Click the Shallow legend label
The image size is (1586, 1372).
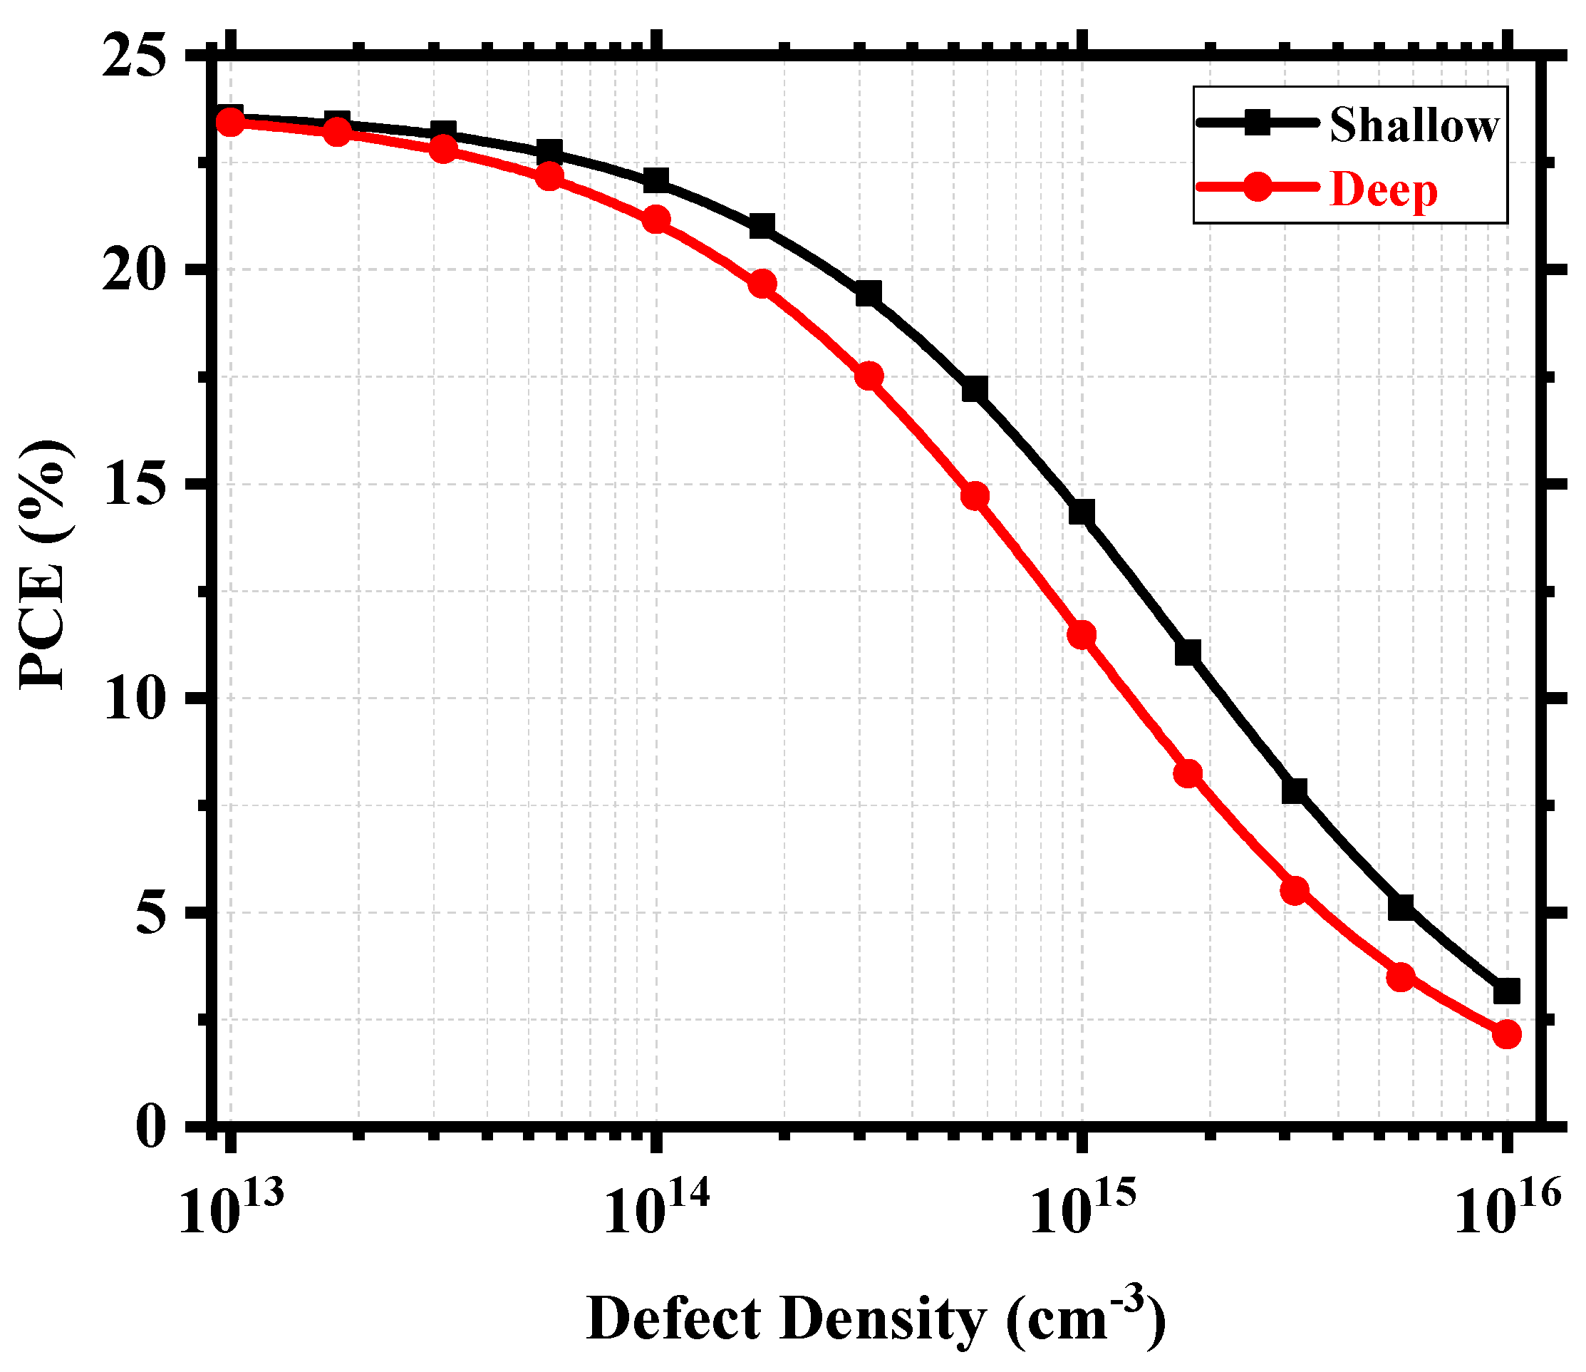[1414, 125]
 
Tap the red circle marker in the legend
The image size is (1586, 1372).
[1257, 187]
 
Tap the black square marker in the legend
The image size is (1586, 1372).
[1257, 123]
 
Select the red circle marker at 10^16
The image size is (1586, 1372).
[1506, 1035]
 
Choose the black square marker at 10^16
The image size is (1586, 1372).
[1506, 991]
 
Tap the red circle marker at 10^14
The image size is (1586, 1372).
[656, 220]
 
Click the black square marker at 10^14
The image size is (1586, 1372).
[656, 180]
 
